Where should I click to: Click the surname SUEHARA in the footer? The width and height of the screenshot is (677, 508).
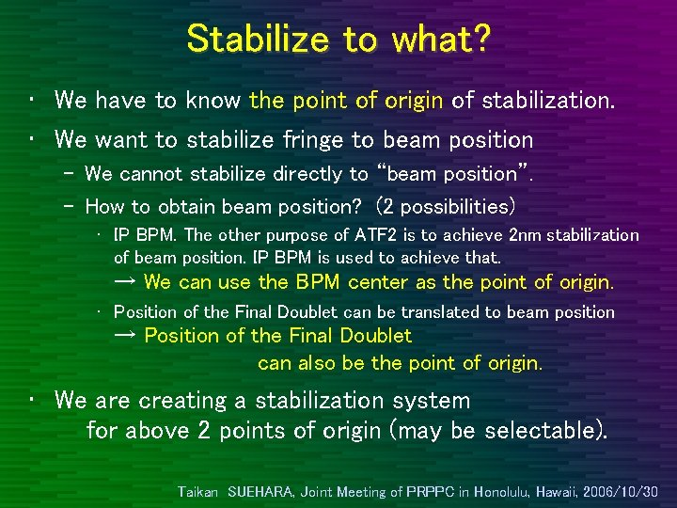click(260, 491)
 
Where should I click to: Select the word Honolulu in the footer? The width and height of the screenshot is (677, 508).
click(506, 491)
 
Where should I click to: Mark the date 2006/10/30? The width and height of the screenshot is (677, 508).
click(622, 491)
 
